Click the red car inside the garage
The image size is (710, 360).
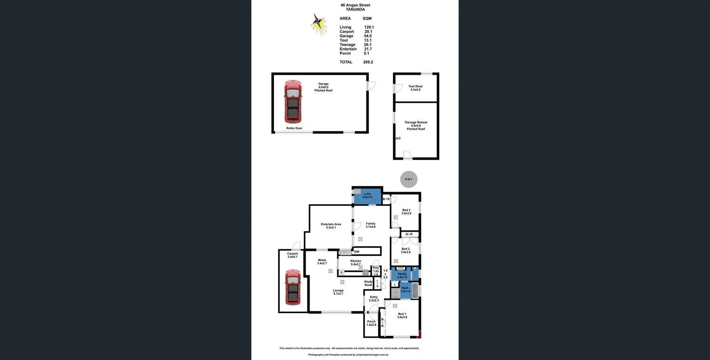coord(293,101)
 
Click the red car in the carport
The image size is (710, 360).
coord(293,287)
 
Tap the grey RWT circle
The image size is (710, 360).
coord(409,179)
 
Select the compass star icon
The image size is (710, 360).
coord(319,24)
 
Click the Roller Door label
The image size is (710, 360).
coord(294,128)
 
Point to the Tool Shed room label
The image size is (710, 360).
coord(415,88)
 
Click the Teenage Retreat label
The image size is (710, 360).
coord(416,125)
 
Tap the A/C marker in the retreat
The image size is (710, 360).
coord(398,138)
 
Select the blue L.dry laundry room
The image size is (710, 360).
coord(367,197)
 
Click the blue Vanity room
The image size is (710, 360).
coord(402,275)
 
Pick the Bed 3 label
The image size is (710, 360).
coord(406,212)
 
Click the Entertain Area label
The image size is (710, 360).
coord(331,226)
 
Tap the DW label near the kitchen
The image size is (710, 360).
coord(357,252)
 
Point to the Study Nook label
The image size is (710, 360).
coord(368,283)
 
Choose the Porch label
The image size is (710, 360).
coord(371,323)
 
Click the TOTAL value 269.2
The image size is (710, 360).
coord(368,62)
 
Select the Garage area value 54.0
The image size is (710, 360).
coord(368,36)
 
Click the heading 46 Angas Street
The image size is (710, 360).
coord(355,5)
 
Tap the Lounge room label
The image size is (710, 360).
coord(338,292)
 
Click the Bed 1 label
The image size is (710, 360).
coord(402,316)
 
